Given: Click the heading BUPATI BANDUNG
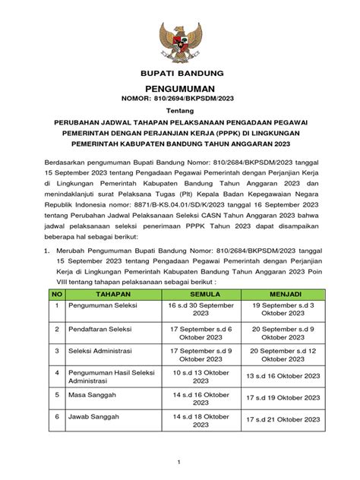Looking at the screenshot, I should point(180,74).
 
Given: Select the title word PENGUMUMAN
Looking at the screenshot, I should point(180,90).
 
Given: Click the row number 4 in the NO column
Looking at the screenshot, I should point(56,373).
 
